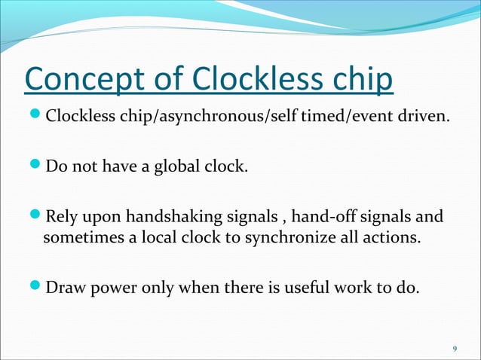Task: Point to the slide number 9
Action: click(454, 349)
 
